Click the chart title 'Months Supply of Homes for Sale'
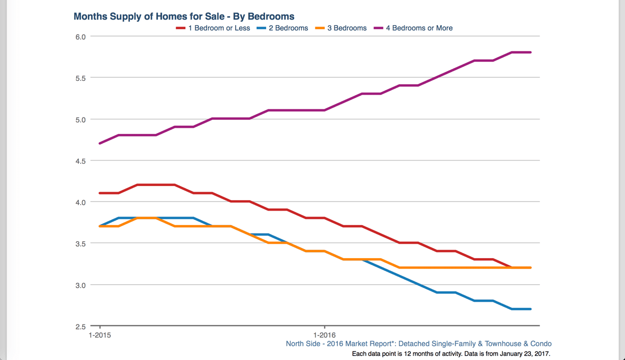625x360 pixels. tap(183, 17)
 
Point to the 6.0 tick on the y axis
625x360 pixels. tap(81, 37)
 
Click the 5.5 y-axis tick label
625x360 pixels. tap(81, 78)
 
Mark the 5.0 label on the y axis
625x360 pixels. tap(81, 120)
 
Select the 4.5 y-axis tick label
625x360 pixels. tap(81, 161)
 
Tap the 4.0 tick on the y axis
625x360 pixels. tap(81, 203)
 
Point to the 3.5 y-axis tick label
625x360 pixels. tap(81, 244)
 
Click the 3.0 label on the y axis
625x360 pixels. tap(81, 285)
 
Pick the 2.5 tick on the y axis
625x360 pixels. tap(81, 327)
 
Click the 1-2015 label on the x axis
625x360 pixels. tap(100, 335)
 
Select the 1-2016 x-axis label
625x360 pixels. tap(324, 335)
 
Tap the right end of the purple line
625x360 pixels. tap(530, 52)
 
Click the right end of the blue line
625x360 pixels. tap(530, 309)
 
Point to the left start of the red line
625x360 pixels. tap(100, 193)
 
